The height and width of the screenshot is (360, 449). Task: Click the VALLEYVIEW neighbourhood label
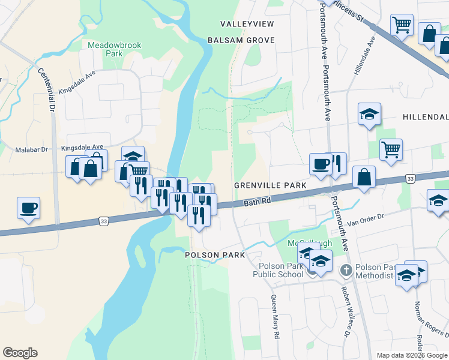(x=247, y=23)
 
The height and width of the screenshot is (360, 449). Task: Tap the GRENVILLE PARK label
(x=270, y=186)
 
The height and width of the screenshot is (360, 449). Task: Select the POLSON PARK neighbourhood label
(x=214, y=255)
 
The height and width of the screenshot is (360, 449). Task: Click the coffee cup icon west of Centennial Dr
(x=28, y=208)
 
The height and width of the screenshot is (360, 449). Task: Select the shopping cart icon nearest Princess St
(x=402, y=25)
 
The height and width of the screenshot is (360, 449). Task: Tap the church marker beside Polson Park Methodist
(x=346, y=271)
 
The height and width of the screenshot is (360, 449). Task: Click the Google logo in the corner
(x=20, y=353)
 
